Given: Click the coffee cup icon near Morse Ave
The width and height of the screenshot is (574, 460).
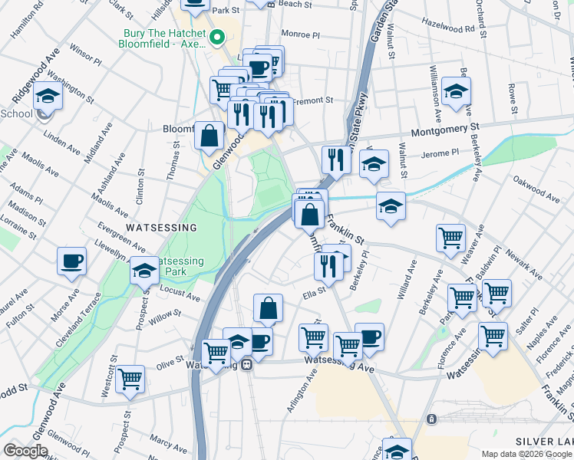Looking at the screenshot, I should point(72,261).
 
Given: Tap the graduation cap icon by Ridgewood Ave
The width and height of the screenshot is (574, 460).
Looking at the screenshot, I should point(48,97).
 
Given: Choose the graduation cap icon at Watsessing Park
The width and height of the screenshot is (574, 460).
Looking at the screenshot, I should point(143,271).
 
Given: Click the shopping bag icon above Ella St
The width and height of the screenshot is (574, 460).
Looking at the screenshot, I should point(268,308).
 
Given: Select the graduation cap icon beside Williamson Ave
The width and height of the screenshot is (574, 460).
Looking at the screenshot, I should point(457,92).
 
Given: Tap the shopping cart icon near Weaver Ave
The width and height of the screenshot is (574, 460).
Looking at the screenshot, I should point(450,237).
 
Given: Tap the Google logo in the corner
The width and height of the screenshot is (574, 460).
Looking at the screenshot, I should point(25,451).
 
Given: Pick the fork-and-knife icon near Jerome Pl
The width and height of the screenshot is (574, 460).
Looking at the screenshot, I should point(335,158).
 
